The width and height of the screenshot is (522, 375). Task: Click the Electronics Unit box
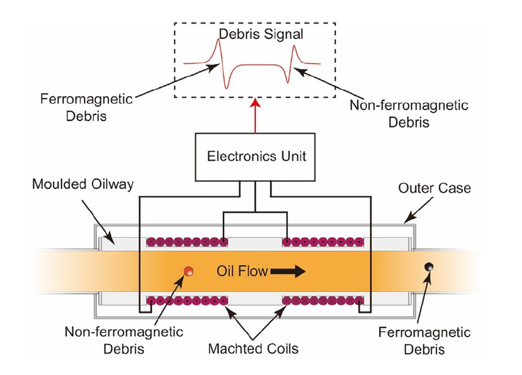click(x=256, y=156)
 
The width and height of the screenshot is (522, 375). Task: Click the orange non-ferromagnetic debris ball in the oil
click(x=188, y=270)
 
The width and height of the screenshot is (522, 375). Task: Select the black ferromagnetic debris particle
click(x=430, y=267)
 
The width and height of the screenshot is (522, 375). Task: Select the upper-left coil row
click(x=187, y=241)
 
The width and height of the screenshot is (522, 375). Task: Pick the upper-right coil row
click(x=323, y=241)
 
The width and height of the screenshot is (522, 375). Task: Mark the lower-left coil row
click(x=187, y=300)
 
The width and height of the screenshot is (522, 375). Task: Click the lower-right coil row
click(x=323, y=300)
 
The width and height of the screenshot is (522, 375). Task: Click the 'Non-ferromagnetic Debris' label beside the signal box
click(x=409, y=113)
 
